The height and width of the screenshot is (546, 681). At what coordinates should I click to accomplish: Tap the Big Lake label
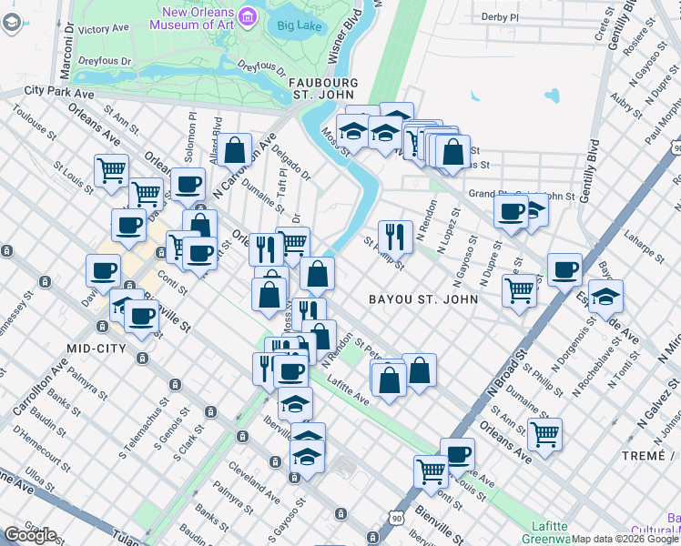(x=300, y=25)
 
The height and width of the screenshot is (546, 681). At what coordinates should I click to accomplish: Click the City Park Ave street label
(x=59, y=91)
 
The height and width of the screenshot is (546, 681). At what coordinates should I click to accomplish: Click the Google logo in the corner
(x=31, y=535)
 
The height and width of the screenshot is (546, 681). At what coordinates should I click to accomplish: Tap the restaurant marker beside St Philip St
(x=395, y=237)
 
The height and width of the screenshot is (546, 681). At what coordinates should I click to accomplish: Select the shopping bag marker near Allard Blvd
(x=234, y=149)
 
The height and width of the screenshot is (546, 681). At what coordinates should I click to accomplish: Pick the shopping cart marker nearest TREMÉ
(x=544, y=433)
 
